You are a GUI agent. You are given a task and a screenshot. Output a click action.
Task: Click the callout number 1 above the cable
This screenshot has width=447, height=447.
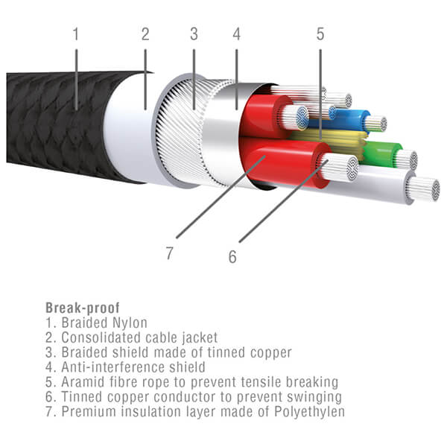[x=76, y=34]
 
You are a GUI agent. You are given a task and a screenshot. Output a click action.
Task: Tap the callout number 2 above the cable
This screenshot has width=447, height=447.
[x=145, y=34]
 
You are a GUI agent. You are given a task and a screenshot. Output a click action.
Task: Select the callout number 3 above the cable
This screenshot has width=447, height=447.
[x=194, y=34]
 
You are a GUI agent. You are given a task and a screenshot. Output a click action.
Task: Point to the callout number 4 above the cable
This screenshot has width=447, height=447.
[x=237, y=34]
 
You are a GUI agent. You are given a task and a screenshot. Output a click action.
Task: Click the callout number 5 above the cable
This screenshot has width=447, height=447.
[x=320, y=34]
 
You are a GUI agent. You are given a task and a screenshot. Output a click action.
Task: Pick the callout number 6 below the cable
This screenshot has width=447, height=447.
[x=232, y=256]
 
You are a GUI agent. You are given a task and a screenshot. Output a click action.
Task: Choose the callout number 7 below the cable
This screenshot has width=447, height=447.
[x=169, y=253]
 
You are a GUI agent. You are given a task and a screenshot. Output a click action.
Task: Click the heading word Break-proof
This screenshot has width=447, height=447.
[x=83, y=308]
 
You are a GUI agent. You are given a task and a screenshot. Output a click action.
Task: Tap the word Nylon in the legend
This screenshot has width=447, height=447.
[x=130, y=323]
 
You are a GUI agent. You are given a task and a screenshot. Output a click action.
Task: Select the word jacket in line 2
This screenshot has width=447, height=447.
[x=200, y=337]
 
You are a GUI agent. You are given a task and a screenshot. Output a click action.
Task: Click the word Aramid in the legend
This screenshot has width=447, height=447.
[x=83, y=382]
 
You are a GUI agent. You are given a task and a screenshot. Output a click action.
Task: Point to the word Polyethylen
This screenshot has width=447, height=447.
[x=310, y=412]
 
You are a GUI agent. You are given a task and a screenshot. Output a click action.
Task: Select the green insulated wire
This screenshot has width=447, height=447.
[x=382, y=154]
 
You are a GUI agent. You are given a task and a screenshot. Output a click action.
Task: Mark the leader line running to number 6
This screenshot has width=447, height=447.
[x=284, y=201]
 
